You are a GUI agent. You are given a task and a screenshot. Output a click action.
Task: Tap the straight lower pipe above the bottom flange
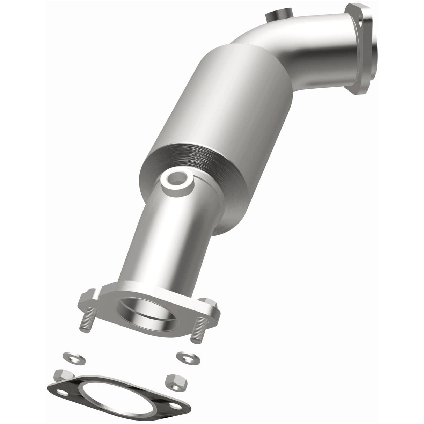point(164,244)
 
